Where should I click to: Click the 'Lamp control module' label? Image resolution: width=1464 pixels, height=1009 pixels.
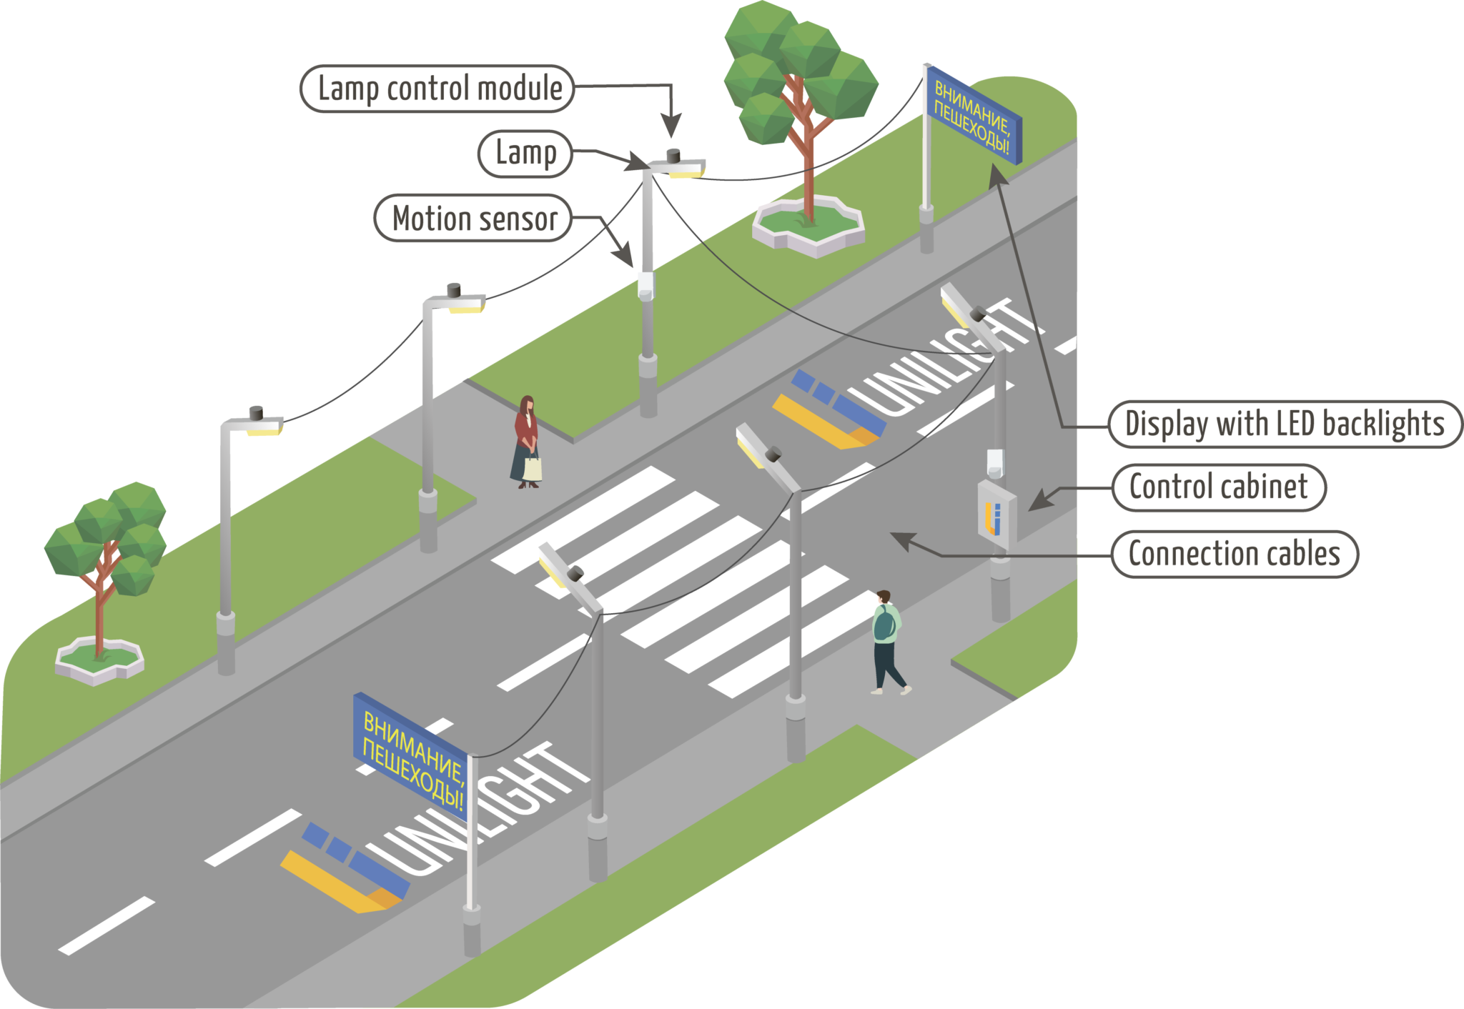point(437,89)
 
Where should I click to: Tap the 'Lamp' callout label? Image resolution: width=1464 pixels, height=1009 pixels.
point(525,153)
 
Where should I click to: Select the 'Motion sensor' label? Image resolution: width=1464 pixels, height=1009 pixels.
point(473,218)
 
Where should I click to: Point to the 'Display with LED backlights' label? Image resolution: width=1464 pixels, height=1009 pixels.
point(1285,424)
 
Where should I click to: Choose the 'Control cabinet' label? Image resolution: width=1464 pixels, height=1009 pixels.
point(1218,487)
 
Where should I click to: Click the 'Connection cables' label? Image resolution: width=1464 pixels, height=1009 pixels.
point(1234,554)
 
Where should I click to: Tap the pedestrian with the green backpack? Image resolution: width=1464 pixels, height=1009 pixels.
point(886,640)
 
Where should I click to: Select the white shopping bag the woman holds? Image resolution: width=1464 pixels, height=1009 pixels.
point(533,468)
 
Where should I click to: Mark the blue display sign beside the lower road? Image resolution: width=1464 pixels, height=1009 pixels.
point(411,756)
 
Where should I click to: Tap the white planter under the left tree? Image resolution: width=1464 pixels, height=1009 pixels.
point(100,661)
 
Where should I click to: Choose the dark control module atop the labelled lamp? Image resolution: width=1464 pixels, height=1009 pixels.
point(673,154)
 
